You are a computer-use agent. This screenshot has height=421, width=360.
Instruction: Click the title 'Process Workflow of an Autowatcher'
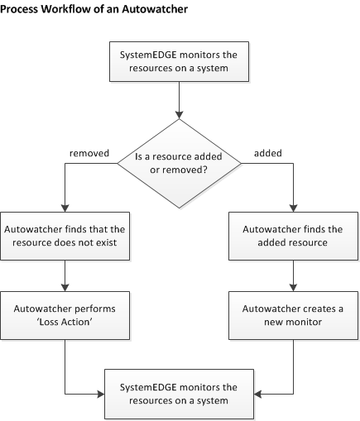pos(94,9)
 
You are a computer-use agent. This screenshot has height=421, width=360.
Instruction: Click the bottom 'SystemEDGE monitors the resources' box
pos(179,394)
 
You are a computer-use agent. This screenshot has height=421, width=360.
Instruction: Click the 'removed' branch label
pos(85,153)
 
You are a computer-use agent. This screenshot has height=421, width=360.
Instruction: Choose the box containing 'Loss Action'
pos(64,315)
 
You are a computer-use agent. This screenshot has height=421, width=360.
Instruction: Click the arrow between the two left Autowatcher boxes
pos(64,275)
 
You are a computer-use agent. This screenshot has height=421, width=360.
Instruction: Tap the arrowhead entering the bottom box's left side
pos(100,394)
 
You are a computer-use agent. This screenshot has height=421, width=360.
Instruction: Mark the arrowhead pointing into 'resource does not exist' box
pos(64,210)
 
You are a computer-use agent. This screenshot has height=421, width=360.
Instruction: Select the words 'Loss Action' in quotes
pos(64,323)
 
